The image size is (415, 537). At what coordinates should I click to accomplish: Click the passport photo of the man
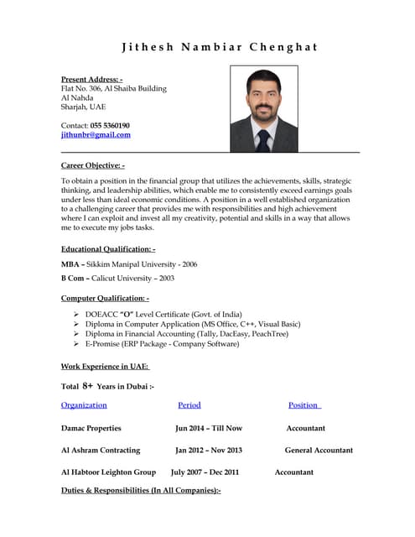[263, 109]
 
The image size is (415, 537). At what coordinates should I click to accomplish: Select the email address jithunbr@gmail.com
[96, 135]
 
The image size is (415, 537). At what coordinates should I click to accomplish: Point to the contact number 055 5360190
[110, 125]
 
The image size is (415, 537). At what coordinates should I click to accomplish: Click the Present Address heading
[91, 79]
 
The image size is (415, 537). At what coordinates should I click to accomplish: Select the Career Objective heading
[92, 165]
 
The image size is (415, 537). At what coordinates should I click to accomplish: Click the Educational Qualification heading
[108, 249]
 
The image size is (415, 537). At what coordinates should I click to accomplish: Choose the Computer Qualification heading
[105, 298]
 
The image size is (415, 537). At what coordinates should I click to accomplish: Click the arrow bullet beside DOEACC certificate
[76, 313]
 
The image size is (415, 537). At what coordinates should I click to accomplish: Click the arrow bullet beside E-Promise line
[76, 344]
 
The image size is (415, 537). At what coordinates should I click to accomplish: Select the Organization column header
[84, 405]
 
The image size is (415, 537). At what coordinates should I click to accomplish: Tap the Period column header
[189, 405]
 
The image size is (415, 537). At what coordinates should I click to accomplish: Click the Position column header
[304, 405]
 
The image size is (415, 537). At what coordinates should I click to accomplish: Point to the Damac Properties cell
[91, 428]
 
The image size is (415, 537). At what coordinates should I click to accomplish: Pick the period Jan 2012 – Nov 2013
[208, 451]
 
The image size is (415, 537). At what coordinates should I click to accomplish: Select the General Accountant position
[318, 451]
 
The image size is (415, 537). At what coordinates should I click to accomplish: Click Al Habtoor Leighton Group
[108, 472]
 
